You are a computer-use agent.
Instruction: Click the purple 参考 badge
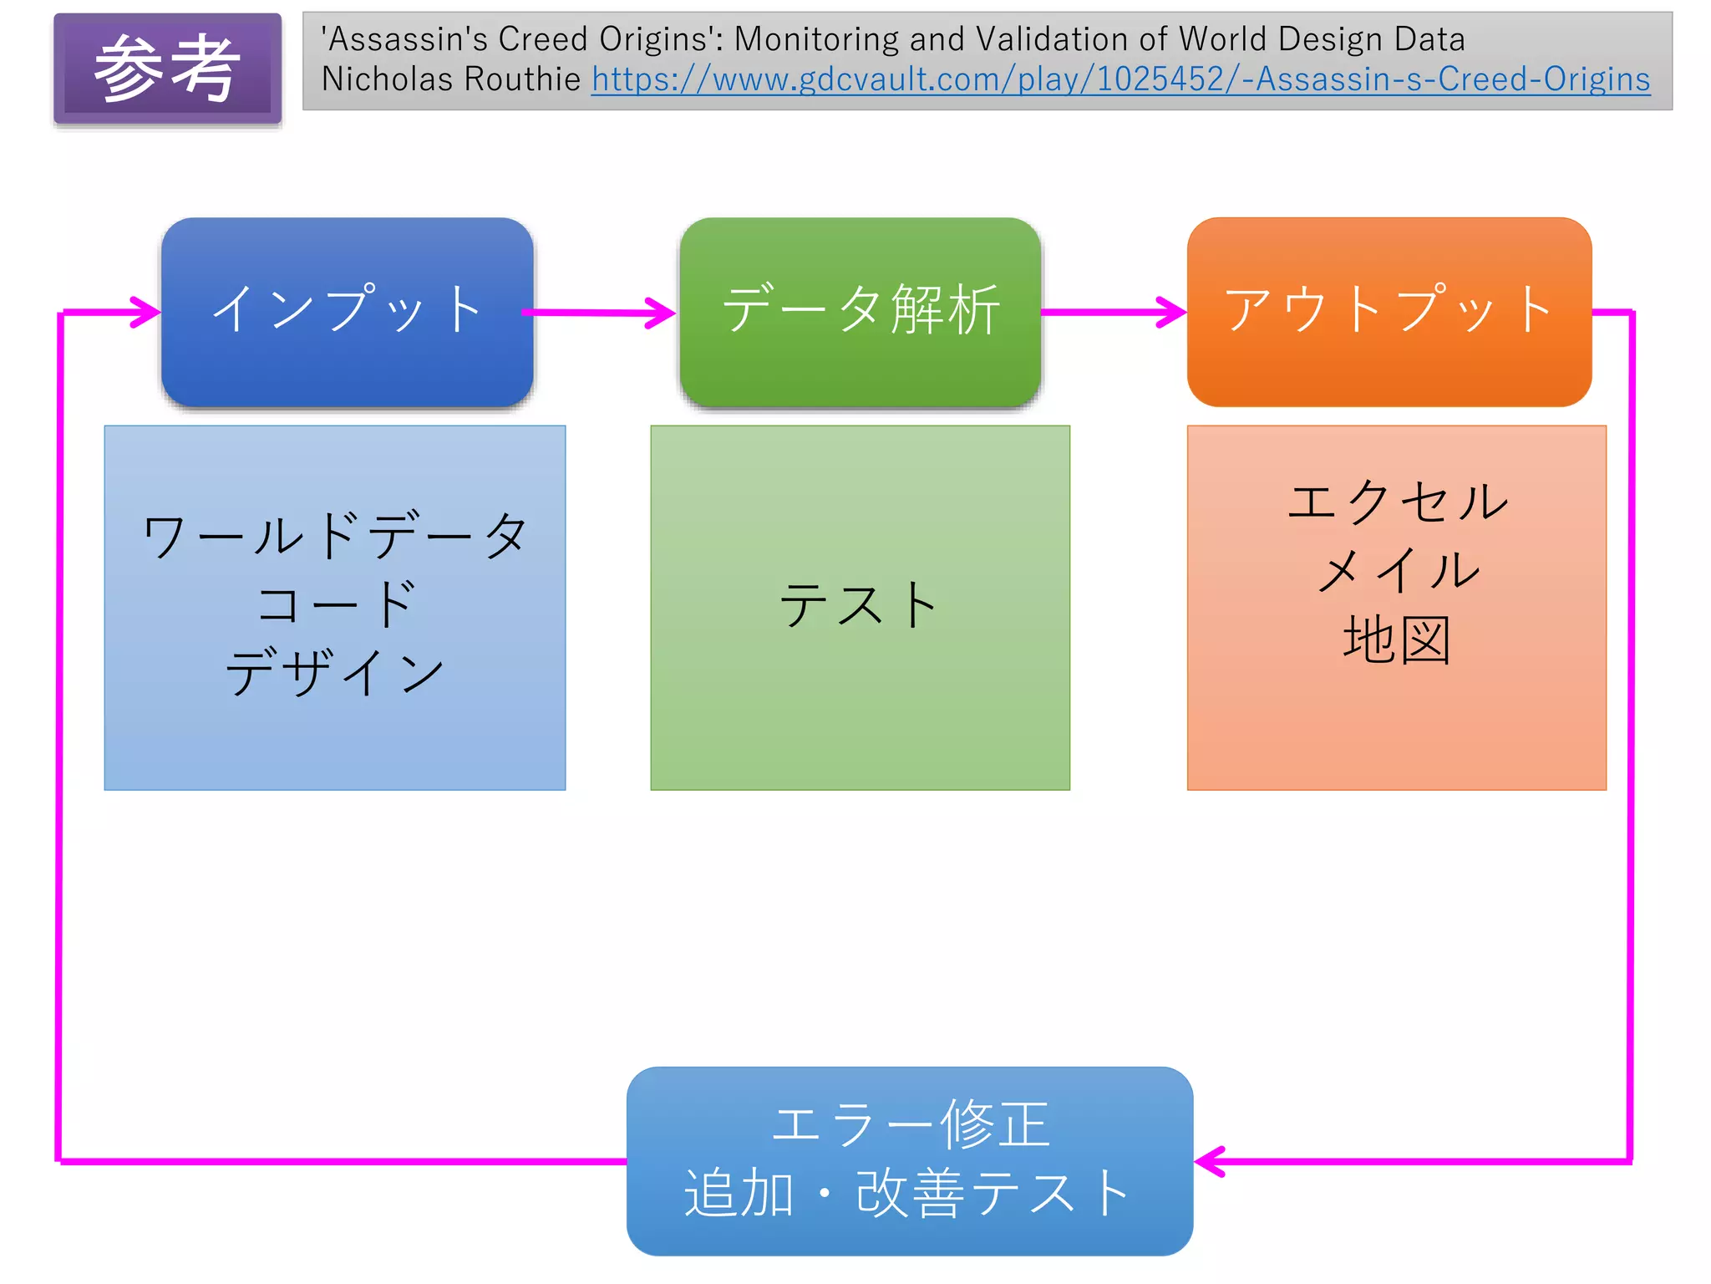click(x=167, y=69)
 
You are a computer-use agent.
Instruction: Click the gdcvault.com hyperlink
click(x=1120, y=79)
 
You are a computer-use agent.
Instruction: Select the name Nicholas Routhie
click(x=450, y=79)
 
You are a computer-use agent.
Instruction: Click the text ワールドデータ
click(x=335, y=536)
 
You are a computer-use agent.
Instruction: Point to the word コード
click(x=335, y=604)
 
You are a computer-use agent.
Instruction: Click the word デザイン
click(x=335, y=672)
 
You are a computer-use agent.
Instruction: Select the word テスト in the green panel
click(x=859, y=605)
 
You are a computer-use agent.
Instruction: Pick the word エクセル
click(x=1397, y=502)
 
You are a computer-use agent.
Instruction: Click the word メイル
click(x=1397, y=571)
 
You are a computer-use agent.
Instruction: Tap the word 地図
click(x=1397, y=640)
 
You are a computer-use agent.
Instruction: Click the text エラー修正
click(x=909, y=1124)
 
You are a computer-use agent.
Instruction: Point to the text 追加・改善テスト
click(x=909, y=1193)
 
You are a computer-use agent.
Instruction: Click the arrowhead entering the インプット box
click(x=147, y=312)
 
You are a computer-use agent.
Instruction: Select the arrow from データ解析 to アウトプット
click(x=1114, y=312)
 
